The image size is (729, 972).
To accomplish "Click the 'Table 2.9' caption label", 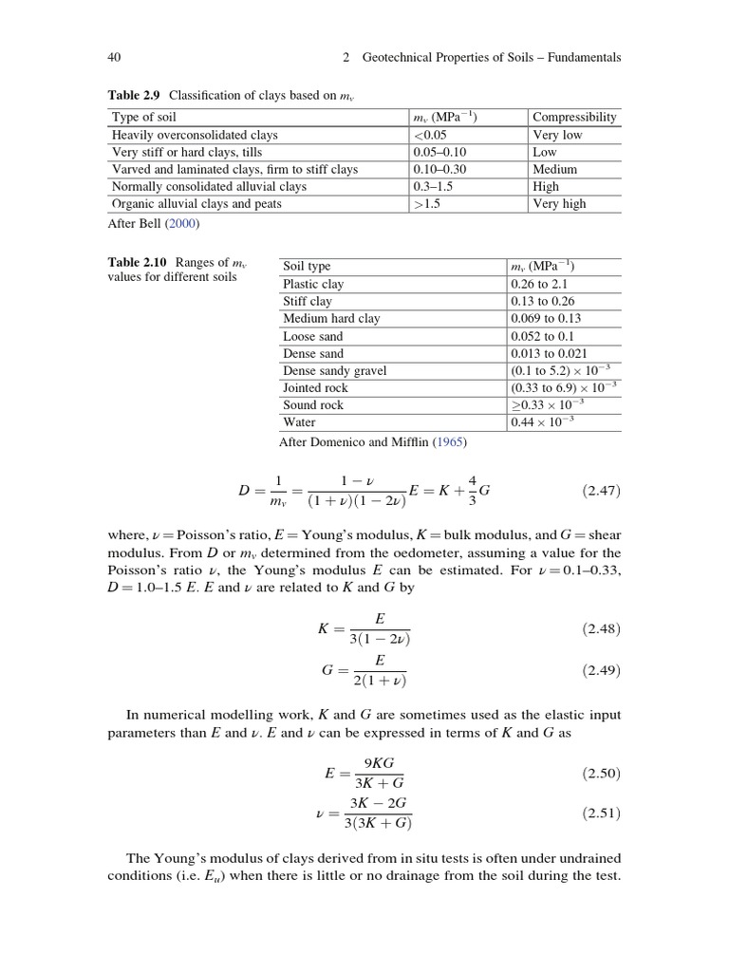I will click(x=132, y=96).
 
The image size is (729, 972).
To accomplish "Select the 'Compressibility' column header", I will click(x=574, y=118).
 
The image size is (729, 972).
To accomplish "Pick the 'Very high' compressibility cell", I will click(x=559, y=203).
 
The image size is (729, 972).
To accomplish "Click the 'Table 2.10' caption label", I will click(x=135, y=262).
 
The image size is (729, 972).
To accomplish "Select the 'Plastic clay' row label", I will click(x=313, y=284).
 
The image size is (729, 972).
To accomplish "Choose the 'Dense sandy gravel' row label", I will click(x=334, y=370).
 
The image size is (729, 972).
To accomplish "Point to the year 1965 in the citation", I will click(x=450, y=442).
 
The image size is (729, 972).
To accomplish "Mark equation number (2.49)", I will click(x=600, y=670).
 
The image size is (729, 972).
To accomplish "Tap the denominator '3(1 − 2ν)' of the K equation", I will click(x=381, y=639).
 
